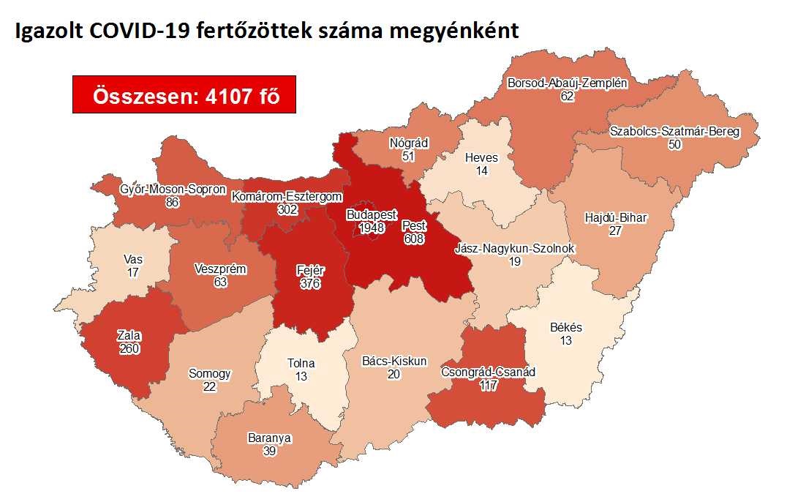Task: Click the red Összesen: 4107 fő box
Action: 184,94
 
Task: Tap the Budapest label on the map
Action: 372,215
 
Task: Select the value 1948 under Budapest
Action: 372,228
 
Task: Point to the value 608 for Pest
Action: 414,239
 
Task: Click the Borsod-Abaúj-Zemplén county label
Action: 567,83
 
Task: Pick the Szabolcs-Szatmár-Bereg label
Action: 674,132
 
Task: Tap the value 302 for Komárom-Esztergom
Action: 287,209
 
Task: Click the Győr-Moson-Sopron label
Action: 173,190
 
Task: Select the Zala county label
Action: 129,336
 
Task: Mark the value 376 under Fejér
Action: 311,282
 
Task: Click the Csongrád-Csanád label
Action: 489,372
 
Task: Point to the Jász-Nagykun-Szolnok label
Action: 514,249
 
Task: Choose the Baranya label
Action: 269,438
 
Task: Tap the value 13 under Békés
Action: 566,340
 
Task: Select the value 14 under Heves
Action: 481,170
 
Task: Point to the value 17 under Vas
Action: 133,271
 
